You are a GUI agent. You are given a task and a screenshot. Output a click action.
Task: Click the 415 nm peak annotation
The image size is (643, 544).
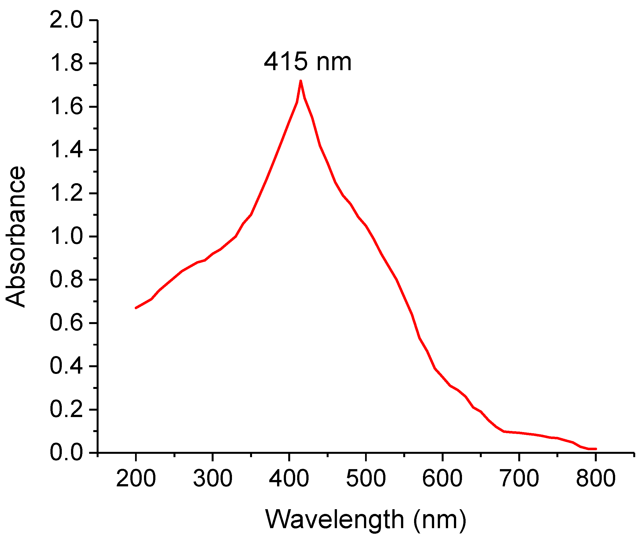[x=307, y=62]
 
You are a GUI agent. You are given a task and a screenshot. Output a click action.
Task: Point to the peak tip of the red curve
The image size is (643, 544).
[x=300, y=81]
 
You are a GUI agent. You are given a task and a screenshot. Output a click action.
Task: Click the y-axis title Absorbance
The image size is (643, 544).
[x=15, y=237]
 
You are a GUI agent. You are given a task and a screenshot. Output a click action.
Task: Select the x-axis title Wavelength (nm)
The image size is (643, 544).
[x=365, y=520]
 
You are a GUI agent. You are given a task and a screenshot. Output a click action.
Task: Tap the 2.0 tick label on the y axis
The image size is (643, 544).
[x=66, y=21]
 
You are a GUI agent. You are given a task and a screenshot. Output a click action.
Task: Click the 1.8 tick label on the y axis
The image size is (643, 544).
[x=66, y=63]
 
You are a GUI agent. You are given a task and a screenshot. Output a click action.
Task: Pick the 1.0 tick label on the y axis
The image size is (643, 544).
[x=66, y=237]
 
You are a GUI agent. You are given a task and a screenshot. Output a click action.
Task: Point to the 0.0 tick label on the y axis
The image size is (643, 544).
[x=66, y=453]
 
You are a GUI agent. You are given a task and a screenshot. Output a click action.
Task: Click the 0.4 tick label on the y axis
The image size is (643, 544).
[x=66, y=366]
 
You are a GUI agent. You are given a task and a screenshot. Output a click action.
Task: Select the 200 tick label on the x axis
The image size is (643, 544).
[x=136, y=479]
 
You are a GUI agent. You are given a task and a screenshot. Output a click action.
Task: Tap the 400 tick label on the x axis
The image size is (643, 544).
[x=289, y=479]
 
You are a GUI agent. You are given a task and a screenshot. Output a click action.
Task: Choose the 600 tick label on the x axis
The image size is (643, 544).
[x=442, y=479]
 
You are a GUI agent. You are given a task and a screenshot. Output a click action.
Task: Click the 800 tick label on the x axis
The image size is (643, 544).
[x=595, y=479]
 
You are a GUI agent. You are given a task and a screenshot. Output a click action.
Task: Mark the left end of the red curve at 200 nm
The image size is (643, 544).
[x=136, y=308]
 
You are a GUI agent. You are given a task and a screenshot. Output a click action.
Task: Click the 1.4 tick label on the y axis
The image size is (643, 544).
[x=66, y=150]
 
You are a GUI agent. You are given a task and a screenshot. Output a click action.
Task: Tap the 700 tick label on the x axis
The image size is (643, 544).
[x=519, y=479]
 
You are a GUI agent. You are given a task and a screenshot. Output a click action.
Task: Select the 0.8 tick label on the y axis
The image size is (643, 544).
[x=66, y=280]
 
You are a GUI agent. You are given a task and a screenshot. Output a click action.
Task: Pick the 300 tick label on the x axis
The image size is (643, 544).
[x=212, y=479]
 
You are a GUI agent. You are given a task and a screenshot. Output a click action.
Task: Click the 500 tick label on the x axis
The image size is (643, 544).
[x=366, y=479]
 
